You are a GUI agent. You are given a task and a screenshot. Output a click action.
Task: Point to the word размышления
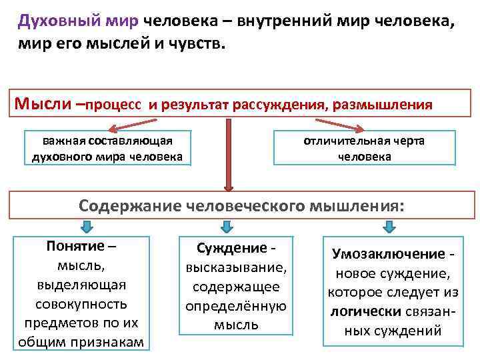point(393,105)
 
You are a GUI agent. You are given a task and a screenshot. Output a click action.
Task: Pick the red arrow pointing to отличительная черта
point(339,125)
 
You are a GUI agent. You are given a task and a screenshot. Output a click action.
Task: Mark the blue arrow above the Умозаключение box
point(390,226)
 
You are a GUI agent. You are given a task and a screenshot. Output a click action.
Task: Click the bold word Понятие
point(75,246)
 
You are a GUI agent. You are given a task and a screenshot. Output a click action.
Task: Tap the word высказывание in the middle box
point(236,268)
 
